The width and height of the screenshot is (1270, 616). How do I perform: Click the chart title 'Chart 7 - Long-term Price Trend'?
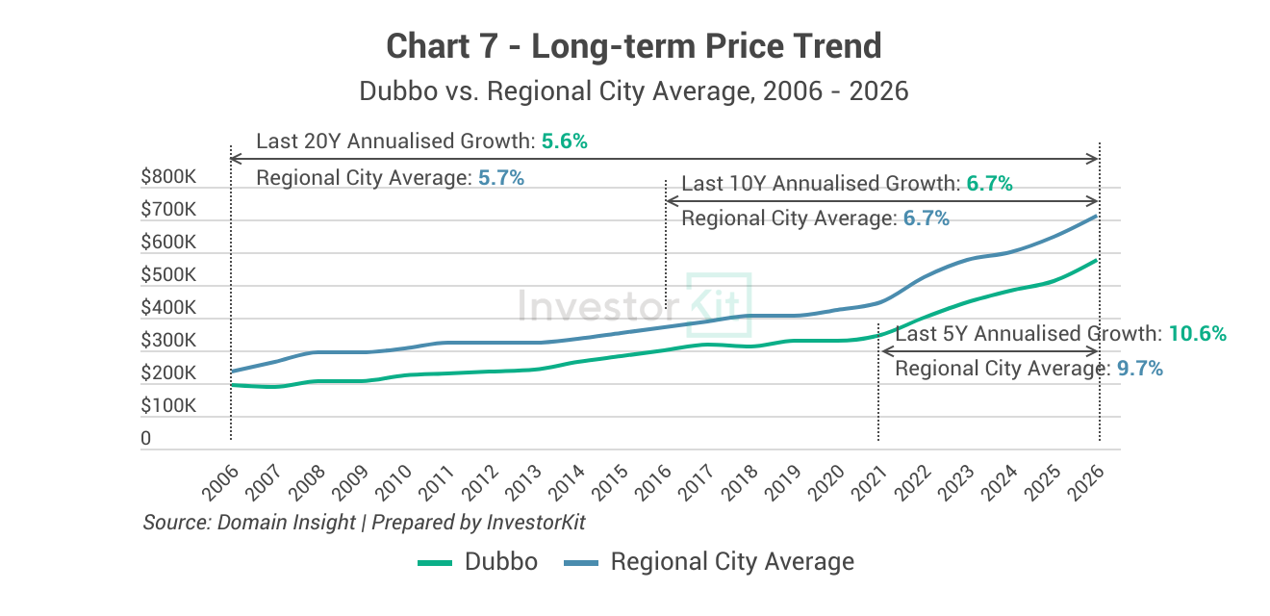634,45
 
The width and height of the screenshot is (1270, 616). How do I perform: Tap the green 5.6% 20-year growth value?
564,141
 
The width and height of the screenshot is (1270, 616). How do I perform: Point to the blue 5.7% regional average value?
500,178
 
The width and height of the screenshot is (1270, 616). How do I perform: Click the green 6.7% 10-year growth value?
990,184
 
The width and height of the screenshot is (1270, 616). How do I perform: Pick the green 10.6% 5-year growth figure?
1198,334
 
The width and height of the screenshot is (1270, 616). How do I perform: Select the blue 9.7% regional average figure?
1140,369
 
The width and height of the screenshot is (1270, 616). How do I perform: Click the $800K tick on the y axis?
168,177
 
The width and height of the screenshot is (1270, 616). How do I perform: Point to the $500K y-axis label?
168,275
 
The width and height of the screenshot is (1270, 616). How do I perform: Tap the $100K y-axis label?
168,406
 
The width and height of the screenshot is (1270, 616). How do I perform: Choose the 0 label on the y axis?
146,439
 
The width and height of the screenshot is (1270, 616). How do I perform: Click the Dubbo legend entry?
478,562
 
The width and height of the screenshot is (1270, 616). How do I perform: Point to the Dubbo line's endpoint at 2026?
1098,261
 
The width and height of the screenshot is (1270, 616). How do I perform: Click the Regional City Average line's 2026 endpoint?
1098,217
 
